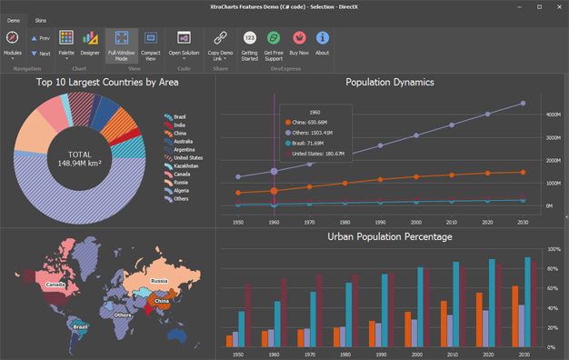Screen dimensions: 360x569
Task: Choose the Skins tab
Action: point(41,19)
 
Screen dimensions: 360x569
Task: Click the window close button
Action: point(556,6)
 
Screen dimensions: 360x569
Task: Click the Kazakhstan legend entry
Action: point(185,165)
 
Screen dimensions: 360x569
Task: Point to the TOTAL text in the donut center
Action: point(79,155)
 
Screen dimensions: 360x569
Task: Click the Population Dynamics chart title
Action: point(389,83)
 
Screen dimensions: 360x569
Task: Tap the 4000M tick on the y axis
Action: point(553,115)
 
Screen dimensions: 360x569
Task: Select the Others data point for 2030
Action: point(523,104)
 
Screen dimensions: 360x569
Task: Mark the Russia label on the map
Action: point(160,281)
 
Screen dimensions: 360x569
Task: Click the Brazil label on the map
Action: point(80,325)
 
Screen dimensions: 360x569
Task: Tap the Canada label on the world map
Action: point(54,285)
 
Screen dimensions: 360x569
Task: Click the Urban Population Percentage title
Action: point(389,236)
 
